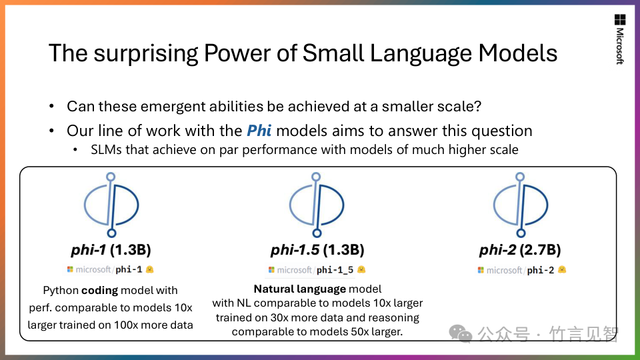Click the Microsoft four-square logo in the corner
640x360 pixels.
pos(620,19)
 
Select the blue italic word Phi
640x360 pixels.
pos(259,131)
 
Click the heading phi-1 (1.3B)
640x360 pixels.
pos(111,250)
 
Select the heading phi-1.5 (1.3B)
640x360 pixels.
pos(317,250)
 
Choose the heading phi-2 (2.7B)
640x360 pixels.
pos(521,250)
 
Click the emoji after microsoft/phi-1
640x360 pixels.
pos(150,269)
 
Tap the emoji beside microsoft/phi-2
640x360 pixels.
pos(562,270)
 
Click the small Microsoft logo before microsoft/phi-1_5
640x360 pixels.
pos(271,270)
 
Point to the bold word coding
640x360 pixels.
pos(99,291)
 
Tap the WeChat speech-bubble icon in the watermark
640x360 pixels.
pos(461,334)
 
